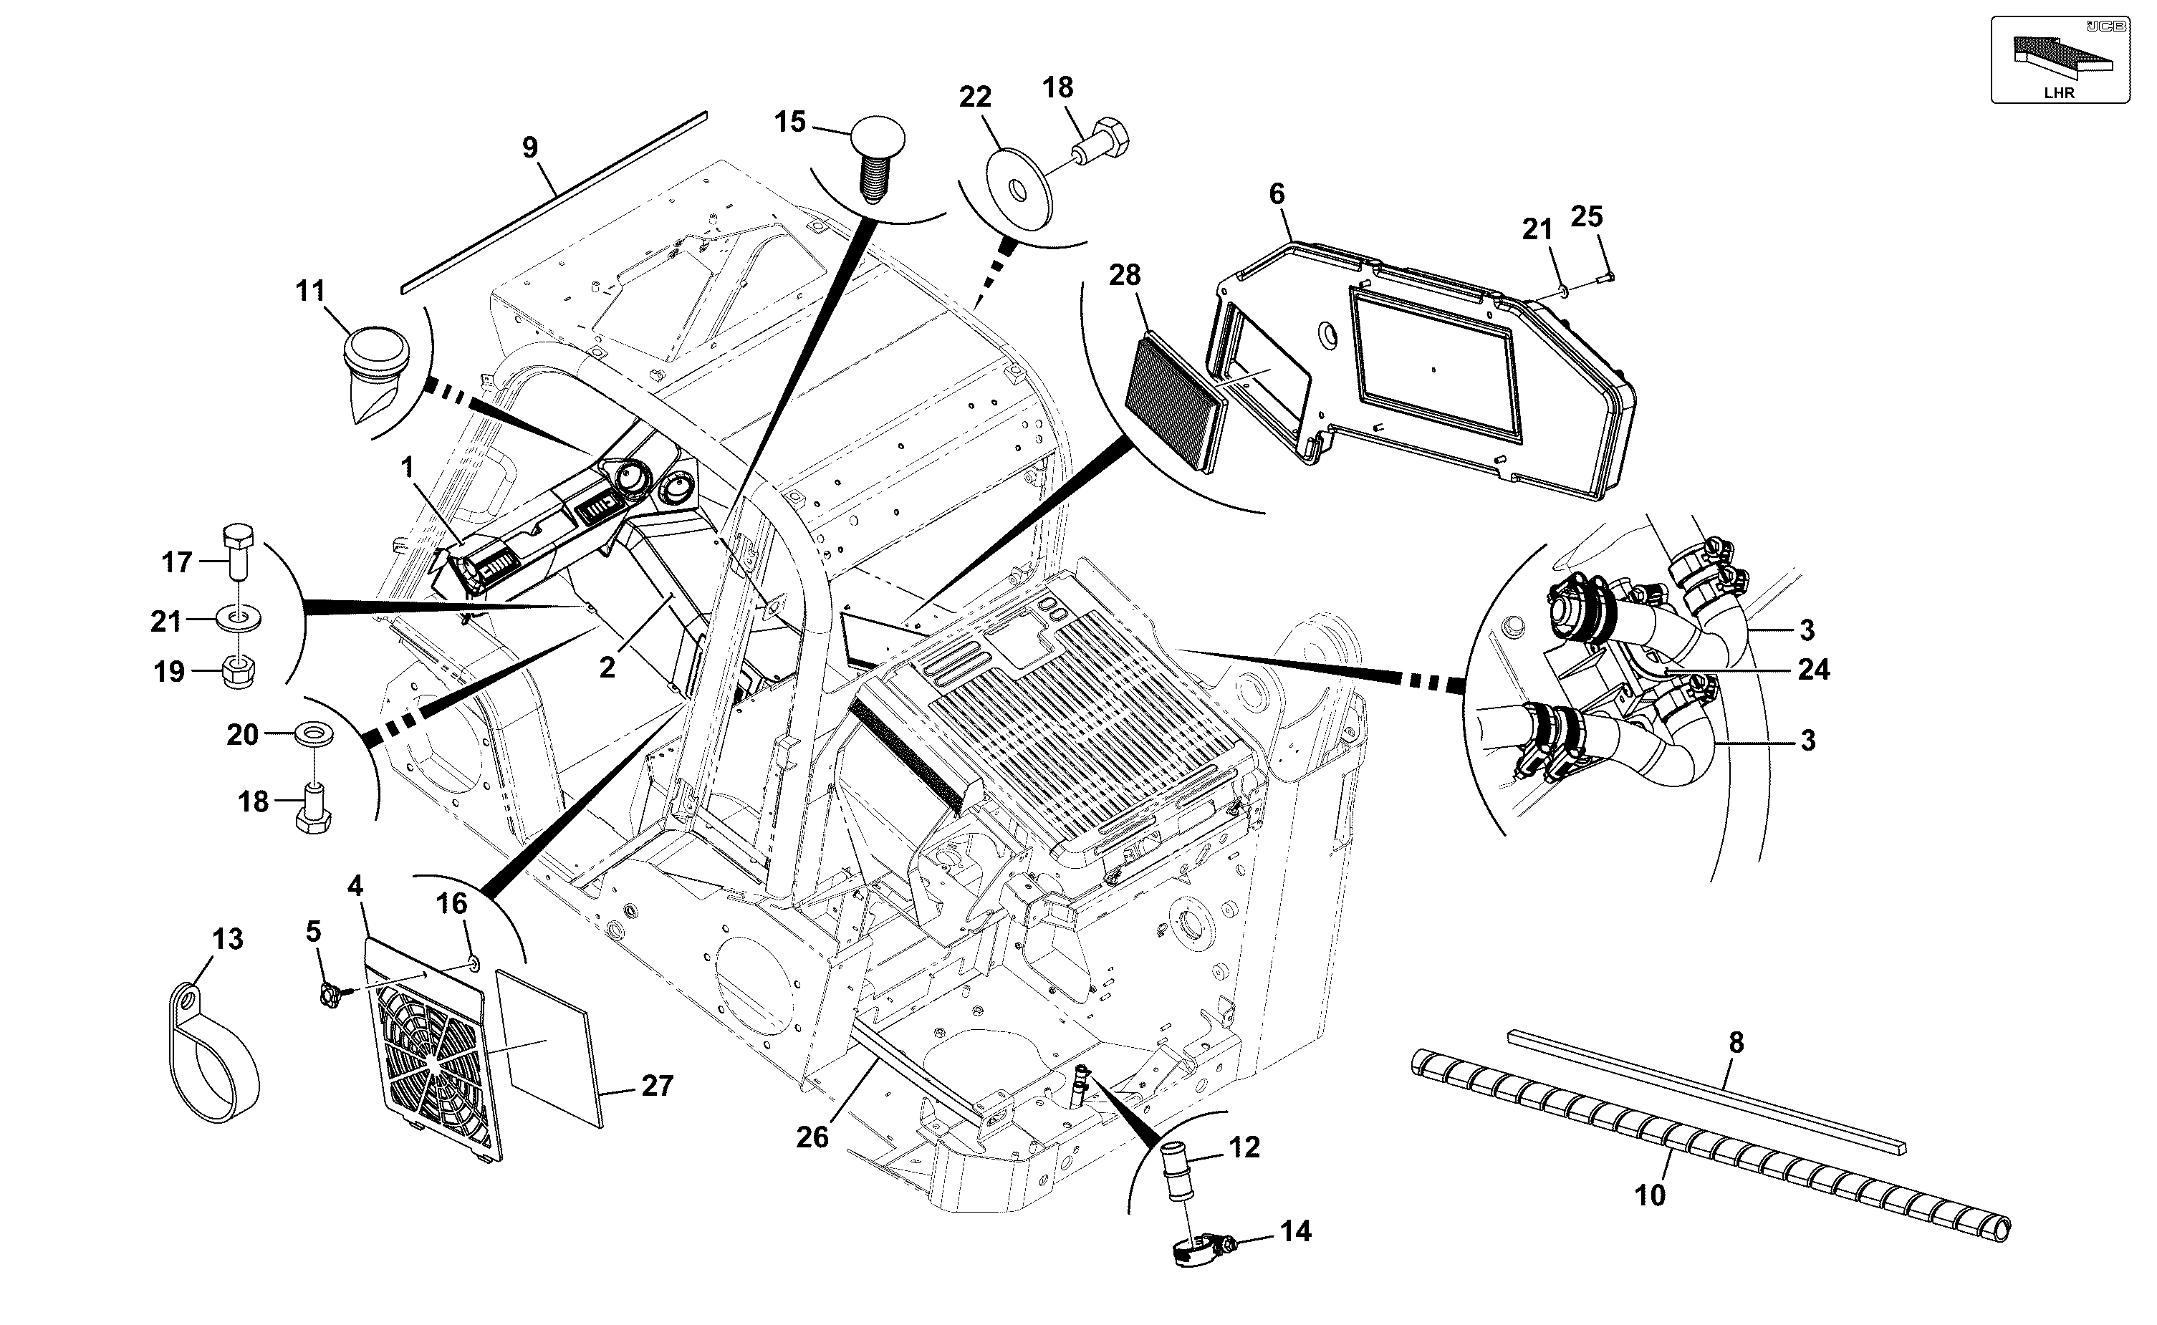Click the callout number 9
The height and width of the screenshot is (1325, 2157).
pos(529,148)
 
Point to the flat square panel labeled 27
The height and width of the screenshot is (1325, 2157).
pos(550,1047)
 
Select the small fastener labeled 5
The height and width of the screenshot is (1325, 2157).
pos(333,996)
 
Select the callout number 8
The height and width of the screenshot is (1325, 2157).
pos(1736,1043)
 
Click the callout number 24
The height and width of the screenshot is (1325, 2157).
pos(1813,670)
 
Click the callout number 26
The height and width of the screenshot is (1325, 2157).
pos(812,1137)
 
